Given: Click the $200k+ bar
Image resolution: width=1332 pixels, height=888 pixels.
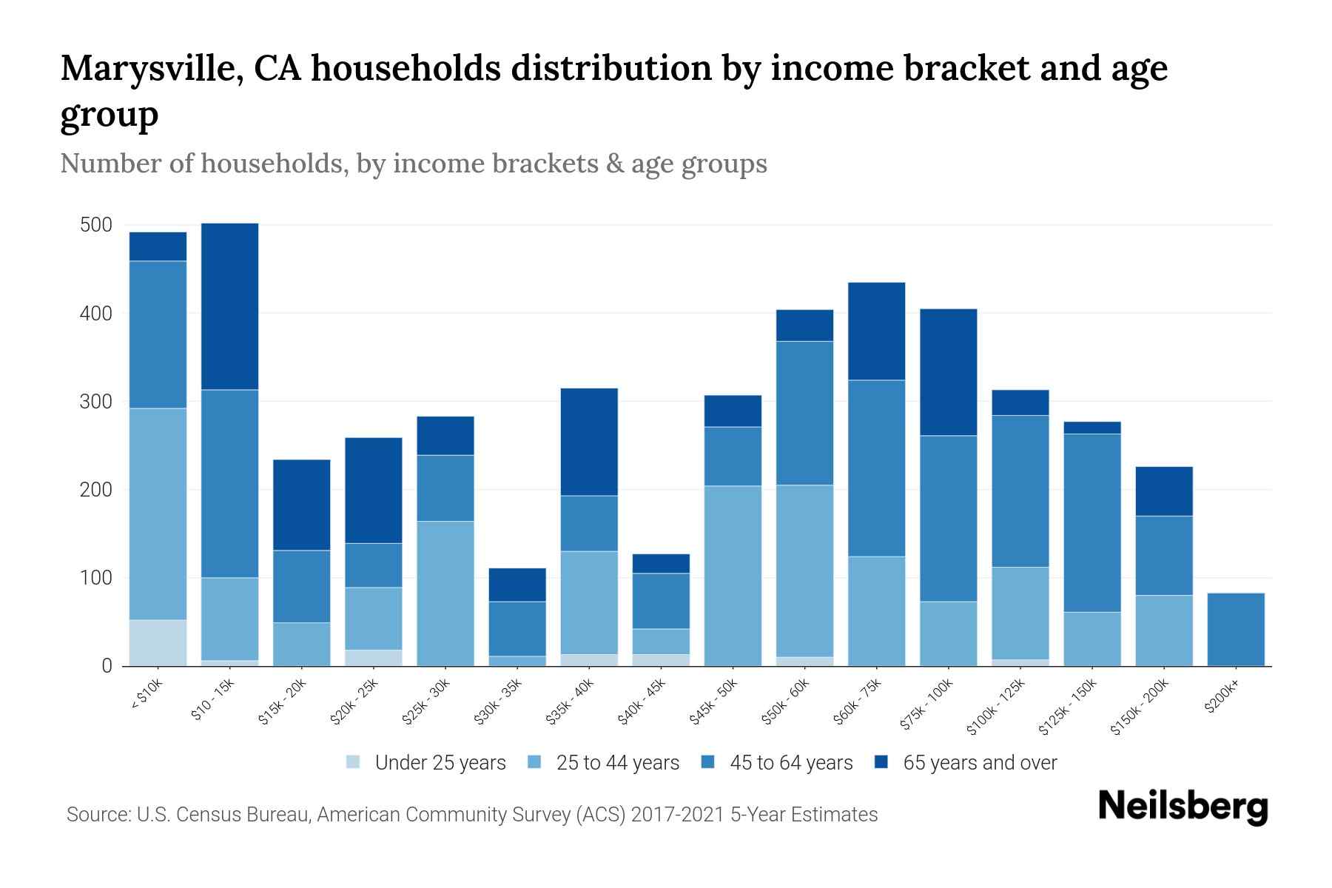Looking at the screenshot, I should (1236, 629).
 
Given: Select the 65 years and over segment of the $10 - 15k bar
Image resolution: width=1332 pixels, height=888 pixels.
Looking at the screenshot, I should (230, 306).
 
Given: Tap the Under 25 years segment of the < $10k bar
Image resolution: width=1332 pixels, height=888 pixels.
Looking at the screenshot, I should (158, 642).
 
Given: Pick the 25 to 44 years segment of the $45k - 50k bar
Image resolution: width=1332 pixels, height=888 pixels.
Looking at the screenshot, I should (733, 576).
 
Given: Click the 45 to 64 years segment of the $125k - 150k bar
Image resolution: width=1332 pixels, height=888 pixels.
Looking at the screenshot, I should (1091, 522).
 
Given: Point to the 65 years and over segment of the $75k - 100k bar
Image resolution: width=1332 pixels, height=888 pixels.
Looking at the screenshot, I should (948, 372).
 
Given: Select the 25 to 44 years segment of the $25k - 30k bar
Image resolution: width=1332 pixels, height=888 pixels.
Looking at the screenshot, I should (445, 593).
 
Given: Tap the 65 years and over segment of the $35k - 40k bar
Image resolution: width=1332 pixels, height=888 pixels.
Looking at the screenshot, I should (589, 442).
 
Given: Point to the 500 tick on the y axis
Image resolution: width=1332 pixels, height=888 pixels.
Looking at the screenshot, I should (96, 225).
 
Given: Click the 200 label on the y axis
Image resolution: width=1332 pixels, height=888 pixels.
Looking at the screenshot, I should (96, 490).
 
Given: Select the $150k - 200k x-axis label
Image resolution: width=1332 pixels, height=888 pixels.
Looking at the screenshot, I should (1140, 706).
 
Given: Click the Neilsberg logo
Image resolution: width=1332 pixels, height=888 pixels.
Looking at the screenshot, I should (1183, 807).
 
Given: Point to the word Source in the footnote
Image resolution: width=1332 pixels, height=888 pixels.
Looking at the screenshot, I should (96, 815).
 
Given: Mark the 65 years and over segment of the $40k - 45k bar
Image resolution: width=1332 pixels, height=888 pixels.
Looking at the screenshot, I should (661, 563).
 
